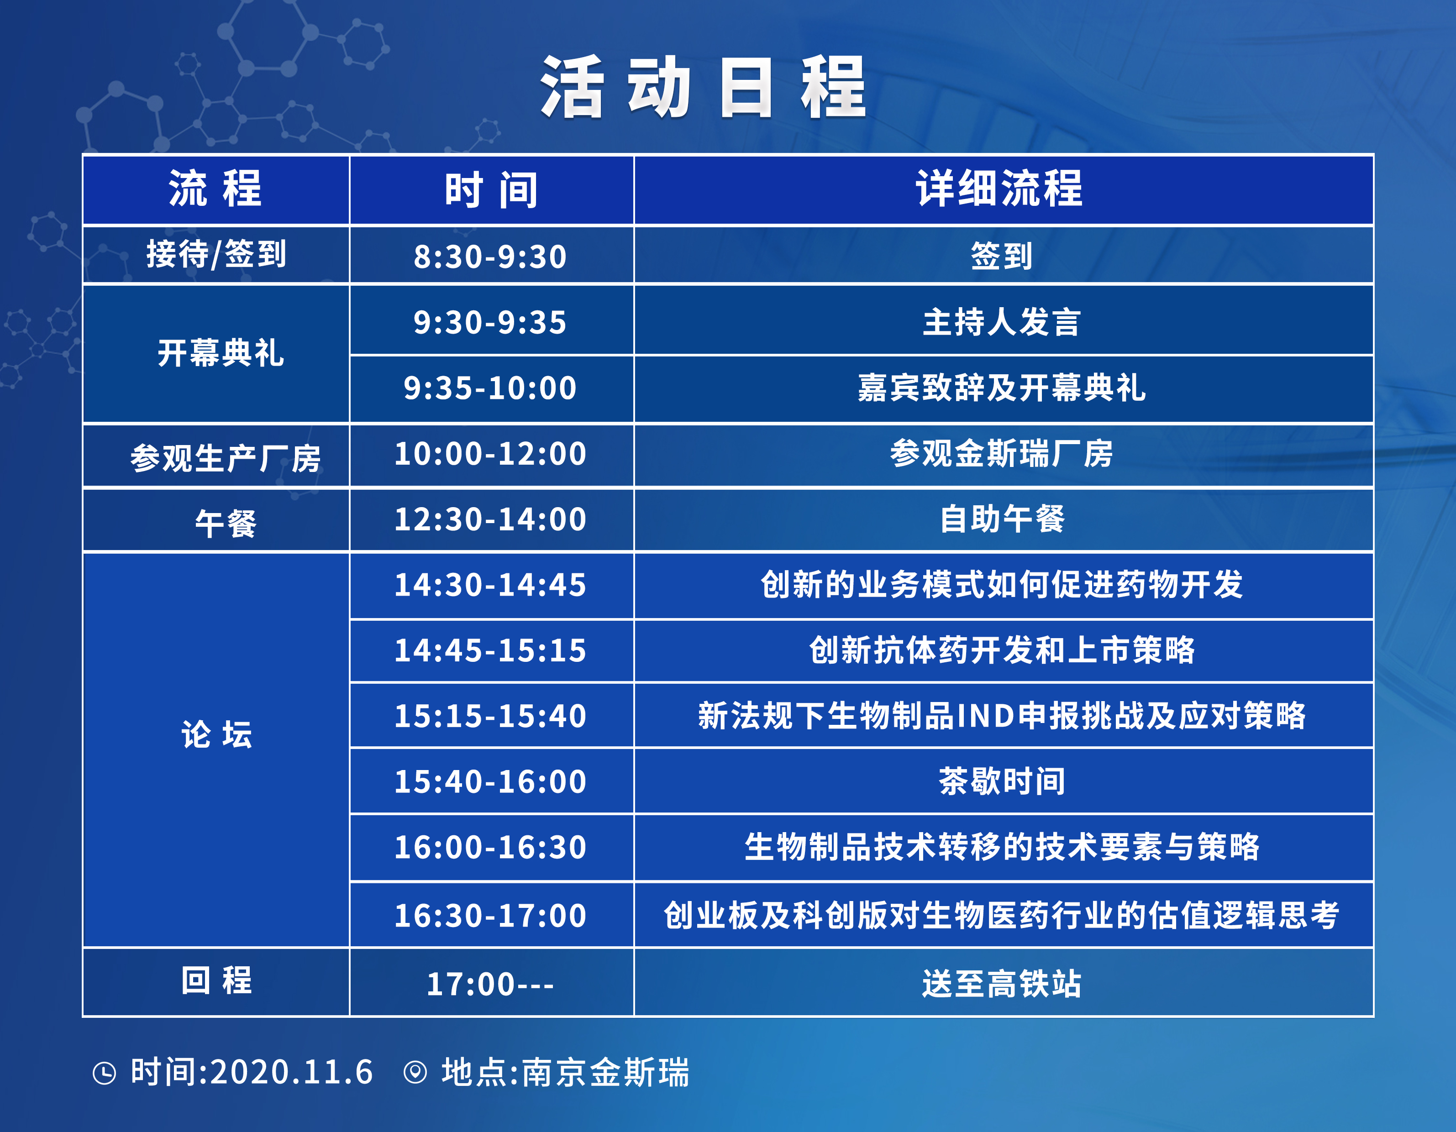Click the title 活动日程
coord(703,87)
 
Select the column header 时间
coord(491,189)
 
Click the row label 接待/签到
coord(216,255)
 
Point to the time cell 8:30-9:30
coord(490,257)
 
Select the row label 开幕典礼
coord(221,353)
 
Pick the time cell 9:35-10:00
coord(490,388)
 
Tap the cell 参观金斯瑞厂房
coord(1001,453)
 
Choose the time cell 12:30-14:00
coord(490,519)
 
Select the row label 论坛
coord(217,735)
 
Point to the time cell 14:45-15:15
coord(490,650)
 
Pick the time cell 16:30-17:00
coord(490,915)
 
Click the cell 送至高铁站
coord(1001,984)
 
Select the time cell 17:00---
coord(490,985)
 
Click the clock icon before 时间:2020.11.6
coord(104,1073)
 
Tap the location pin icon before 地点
coord(415,1073)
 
